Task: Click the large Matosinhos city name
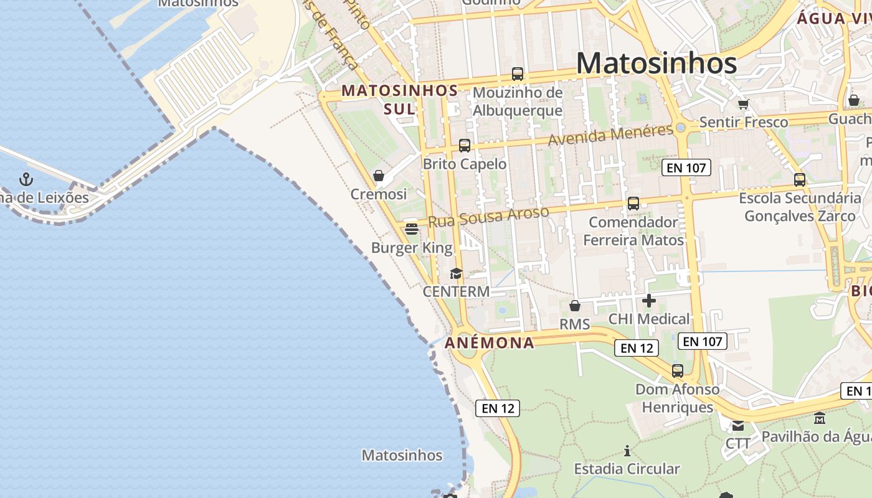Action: click(x=656, y=63)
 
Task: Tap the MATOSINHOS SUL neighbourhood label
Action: click(x=399, y=100)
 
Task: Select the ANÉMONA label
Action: click(x=490, y=342)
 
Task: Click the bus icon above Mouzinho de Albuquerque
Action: click(x=517, y=74)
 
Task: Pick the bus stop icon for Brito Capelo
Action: click(x=464, y=146)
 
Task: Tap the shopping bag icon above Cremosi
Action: click(x=378, y=176)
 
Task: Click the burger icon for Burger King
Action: click(x=411, y=229)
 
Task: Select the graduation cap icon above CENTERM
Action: click(x=456, y=273)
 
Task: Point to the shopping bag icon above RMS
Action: click(x=574, y=306)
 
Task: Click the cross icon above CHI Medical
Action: click(x=648, y=301)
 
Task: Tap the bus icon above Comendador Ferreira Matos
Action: click(x=633, y=203)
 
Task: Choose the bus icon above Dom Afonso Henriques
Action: click(x=677, y=371)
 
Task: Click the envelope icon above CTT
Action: click(x=738, y=426)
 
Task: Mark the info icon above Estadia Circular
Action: click(x=627, y=450)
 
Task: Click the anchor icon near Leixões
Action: click(x=26, y=179)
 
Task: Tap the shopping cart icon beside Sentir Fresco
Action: click(x=742, y=103)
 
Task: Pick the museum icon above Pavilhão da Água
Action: click(x=819, y=418)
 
